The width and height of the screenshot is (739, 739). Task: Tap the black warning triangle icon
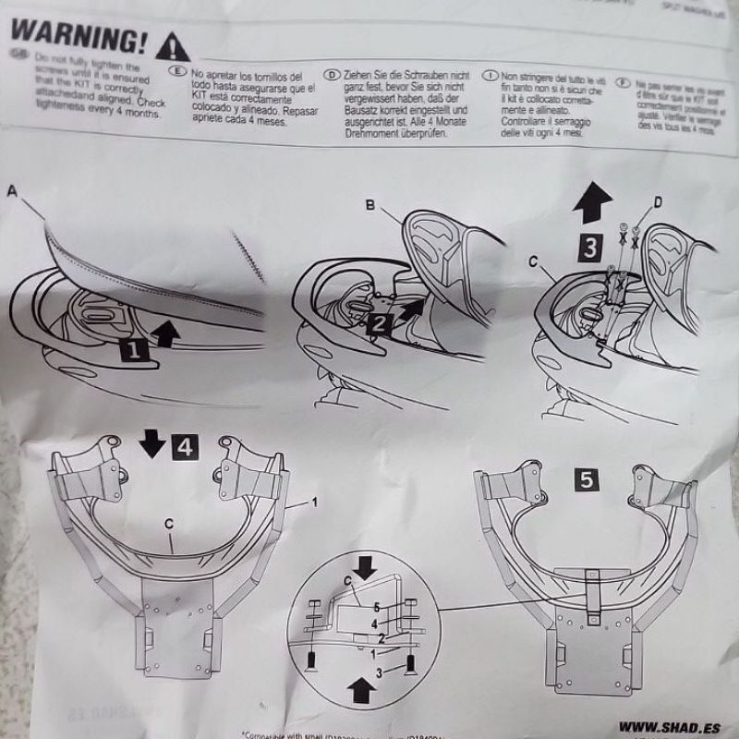tap(173, 43)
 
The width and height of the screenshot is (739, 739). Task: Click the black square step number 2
tap(380, 322)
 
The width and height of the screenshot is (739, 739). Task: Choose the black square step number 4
tap(183, 448)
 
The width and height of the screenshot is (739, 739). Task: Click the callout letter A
tap(12, 192)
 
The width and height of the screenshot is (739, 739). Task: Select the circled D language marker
tap(331, 72)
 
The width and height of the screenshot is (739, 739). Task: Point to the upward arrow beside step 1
tap(166, 332)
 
